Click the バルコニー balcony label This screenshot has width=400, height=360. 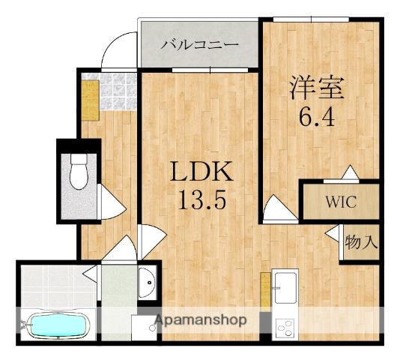pos(199,44)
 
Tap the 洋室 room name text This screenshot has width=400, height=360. pos(317,87)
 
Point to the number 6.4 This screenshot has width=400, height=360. pos(317,117)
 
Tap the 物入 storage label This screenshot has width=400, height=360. pos(360,242)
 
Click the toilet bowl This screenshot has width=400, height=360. pos(79,176)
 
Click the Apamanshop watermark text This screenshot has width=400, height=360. pos(200,320)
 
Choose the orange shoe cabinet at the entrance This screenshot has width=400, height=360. pos(90,100)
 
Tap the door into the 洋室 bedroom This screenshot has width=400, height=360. pos(279,208)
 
